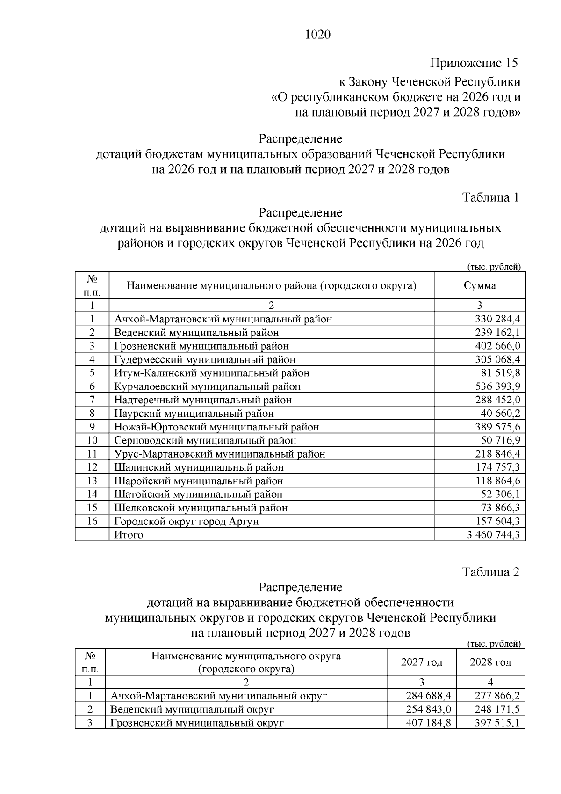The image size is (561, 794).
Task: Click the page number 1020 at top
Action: (317, 35)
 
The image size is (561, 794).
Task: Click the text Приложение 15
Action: (474, 63)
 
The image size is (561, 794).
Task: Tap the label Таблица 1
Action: (490, 197)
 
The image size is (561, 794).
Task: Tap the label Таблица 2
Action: (490, 572)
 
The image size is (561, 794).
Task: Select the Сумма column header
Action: (480, 285)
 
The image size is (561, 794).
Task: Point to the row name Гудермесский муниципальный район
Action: (205, 359)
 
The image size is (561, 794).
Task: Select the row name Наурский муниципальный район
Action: (194, 413)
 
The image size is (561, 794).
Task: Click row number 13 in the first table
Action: (92, 481)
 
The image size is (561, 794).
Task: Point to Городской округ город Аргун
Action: (187, 521)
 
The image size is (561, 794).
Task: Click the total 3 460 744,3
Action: (493, 535)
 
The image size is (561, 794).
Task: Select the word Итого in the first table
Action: (129, 535)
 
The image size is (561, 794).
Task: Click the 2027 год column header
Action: (422, 662)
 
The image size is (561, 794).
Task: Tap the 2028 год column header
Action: (490, 662)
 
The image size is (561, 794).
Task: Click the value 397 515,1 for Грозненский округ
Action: (497, 723)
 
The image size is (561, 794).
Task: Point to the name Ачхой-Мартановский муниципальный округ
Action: (219, 696)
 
